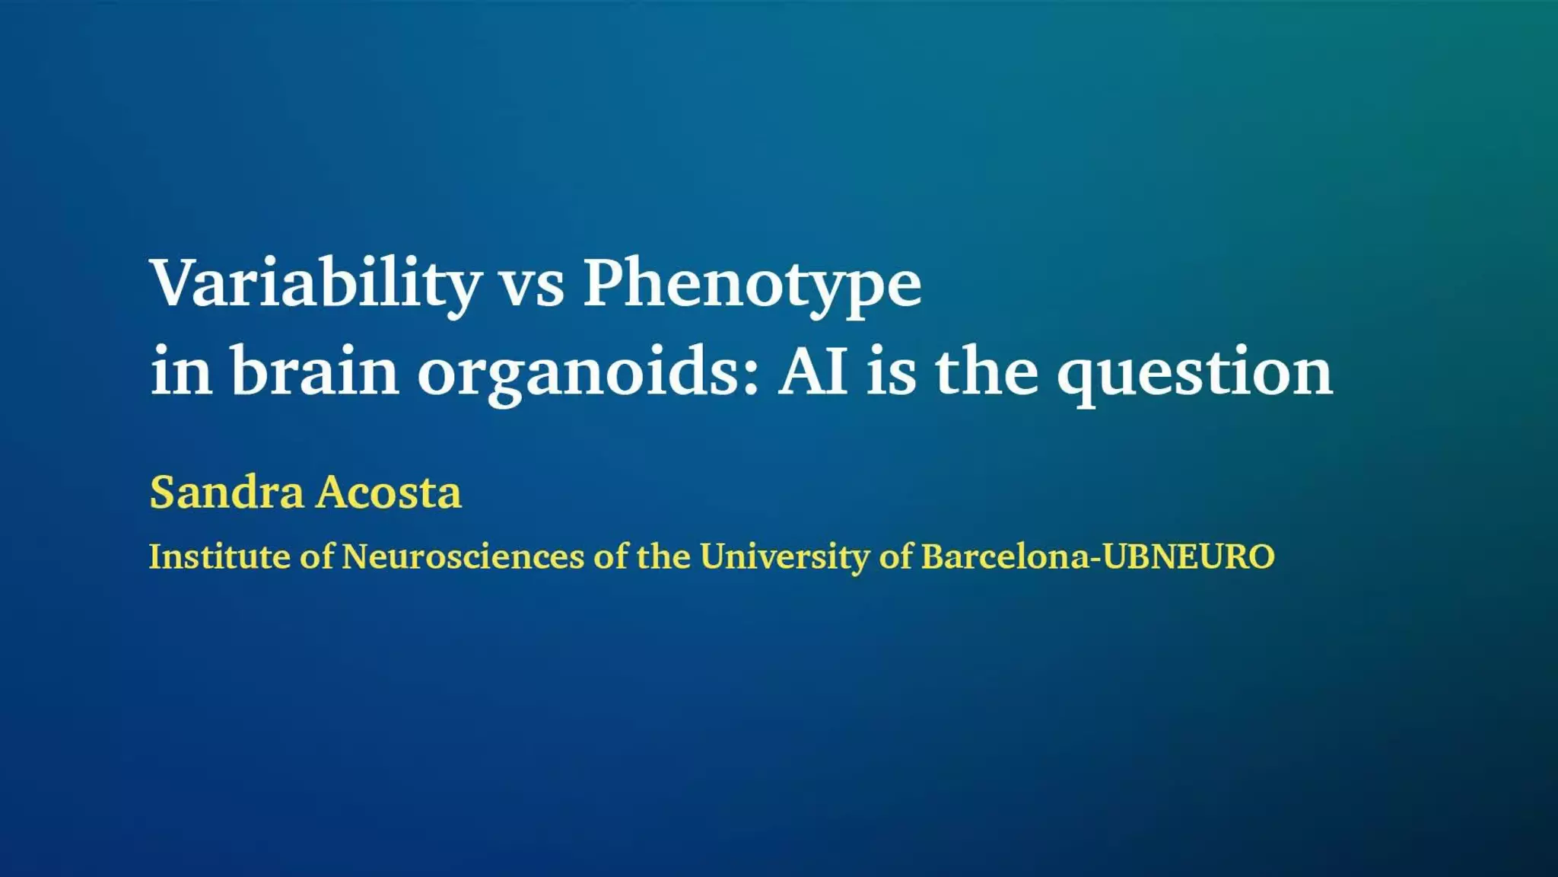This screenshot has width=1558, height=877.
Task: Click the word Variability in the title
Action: (x=316, y=285)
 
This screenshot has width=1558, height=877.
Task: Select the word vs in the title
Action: (x=531, y=289)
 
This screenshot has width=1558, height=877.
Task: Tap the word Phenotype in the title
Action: (x=752, y=285)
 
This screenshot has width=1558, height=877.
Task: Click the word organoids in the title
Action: (x=587, y=372)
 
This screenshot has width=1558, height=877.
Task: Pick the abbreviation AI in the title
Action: (x=812, y=371)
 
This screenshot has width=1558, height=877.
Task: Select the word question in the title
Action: (x=1194, y=372)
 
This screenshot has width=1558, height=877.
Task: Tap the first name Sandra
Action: (x=227, y=492)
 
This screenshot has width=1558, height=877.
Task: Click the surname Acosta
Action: (x=389, y=492)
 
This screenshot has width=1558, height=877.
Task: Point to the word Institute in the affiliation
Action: (x=219, y=556)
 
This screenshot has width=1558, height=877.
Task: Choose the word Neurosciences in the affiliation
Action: (x=463, y=556)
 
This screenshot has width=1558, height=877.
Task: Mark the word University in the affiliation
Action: (x=785, y=557)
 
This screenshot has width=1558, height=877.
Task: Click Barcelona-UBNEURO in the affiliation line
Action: (x=1098, y=556)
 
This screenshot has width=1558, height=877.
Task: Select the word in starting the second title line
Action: (x=181, y=370)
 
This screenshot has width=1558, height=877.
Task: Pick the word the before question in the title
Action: (x=986, y=368)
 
